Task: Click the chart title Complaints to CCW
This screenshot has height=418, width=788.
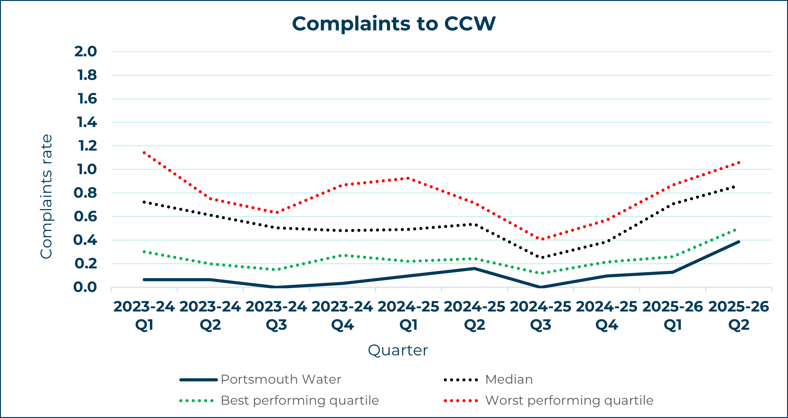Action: (394, 24)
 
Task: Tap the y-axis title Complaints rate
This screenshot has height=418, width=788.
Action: (47, 196)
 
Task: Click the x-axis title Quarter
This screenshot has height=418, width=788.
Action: (398, 350)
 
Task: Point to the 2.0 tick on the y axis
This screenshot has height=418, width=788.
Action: (86, 52)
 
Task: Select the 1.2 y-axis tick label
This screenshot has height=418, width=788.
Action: (87, 146)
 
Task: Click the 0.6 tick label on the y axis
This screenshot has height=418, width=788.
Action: (86, 217)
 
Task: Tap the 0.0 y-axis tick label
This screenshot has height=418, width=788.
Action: (85, 287)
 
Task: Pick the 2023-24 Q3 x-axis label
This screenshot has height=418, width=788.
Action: (276, 316)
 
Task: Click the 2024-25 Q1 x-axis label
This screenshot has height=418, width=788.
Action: (408, 316)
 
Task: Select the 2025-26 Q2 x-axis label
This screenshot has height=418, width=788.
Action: (739, 316)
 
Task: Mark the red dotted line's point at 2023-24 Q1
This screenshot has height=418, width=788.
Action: (144, 152)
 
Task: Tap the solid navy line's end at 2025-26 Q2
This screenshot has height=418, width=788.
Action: (739, 242)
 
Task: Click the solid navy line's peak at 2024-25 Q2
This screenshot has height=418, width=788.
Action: (474, 268)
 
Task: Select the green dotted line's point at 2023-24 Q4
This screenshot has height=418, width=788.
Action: (342, 255)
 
